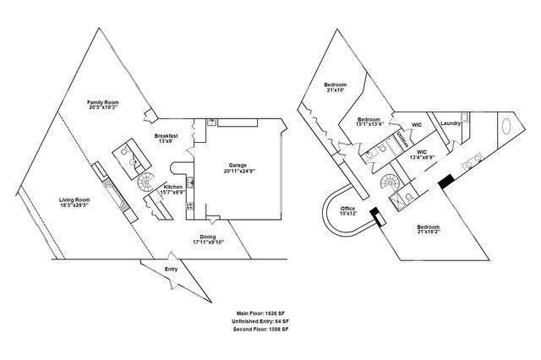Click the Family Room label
(101, 103)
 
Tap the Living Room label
(74, 203)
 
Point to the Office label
(347, 212)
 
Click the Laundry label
(450, 124)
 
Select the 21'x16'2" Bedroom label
(431, 231)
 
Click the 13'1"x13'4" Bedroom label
(370, 123)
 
